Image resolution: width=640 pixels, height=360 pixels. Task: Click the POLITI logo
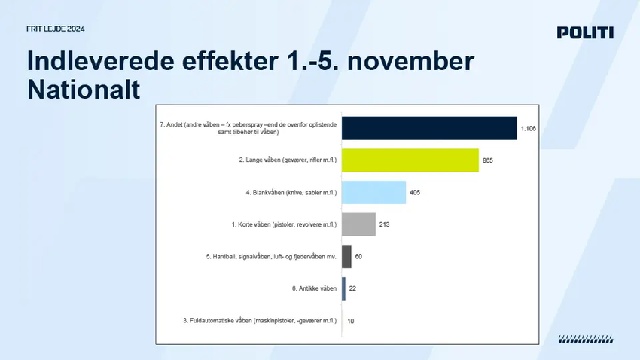[x=585, y=32]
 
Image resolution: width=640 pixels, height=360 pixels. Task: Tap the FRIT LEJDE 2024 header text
[x=56, y=29]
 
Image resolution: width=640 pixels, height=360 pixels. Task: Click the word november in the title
[x=410, y=61]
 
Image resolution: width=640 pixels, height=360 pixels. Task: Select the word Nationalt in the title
[x=84, y=90]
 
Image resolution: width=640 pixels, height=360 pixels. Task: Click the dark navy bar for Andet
[x=429, y=128]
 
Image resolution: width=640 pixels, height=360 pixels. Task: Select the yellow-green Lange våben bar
[x=410, y=160]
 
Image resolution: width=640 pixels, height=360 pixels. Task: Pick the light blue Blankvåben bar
[x=374, y=192]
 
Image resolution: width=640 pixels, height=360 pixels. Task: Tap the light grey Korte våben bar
[x=358, y=224]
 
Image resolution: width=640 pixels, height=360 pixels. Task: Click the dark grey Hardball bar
[x=346, y=256]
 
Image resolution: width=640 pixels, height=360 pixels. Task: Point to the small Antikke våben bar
[x=343, y=288]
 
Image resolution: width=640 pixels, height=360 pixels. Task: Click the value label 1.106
[x=528, y=129]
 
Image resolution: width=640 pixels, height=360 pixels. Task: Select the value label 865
[x=488, y=160]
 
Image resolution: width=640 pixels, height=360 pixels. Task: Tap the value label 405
[x=415, y=192]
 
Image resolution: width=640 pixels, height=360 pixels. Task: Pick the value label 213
[x=385, y=224]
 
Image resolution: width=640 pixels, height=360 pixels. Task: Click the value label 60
[x=358, y=256]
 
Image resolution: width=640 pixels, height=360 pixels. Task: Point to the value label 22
[x=352, y=288]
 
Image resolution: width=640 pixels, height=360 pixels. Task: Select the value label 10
[x=351, y=321]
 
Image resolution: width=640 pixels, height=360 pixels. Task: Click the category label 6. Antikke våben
[x=314, y=288]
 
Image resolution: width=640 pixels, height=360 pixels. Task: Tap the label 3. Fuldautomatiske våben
[x=260, y=321]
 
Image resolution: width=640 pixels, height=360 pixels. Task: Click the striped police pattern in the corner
[x=586, y=339]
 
